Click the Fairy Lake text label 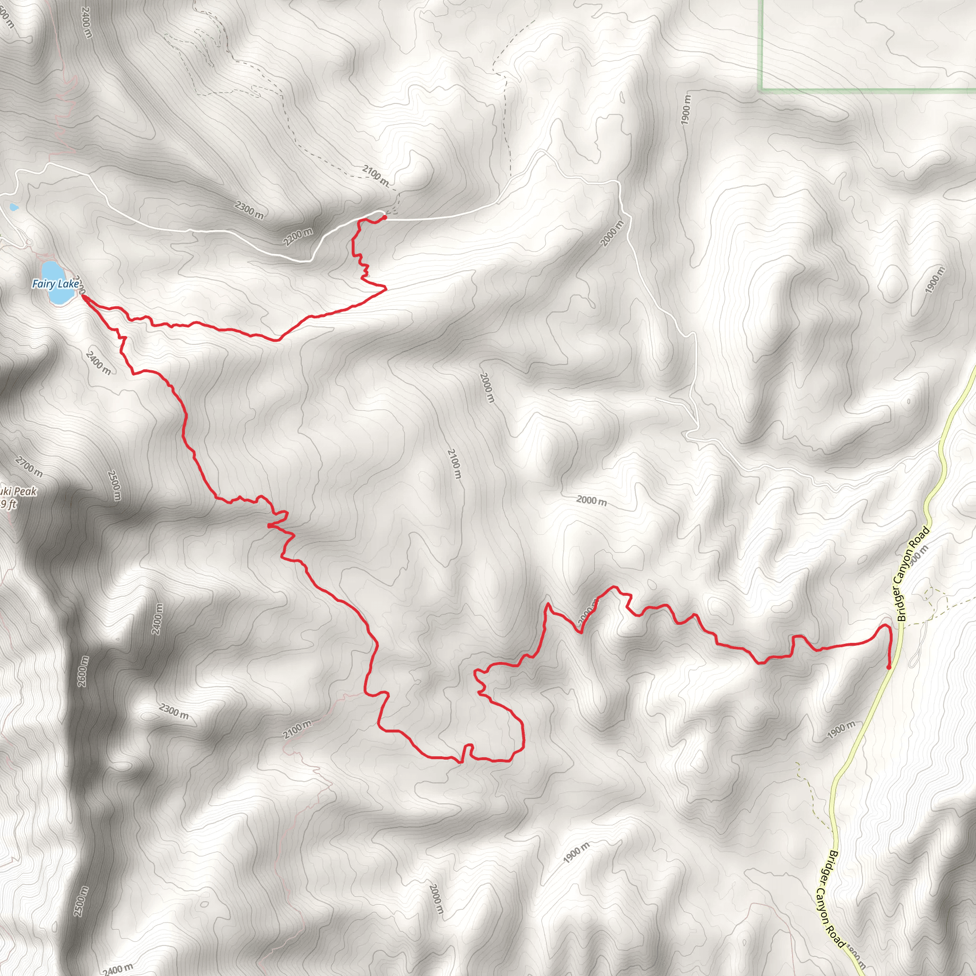click(x=56, y=284)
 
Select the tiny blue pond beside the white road click(x=14, y=207)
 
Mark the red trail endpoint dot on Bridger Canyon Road click(x=888, y=667)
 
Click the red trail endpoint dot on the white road click(x=385, y=217)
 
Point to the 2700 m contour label click(x=29, y=466)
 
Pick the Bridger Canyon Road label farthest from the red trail click(x=830, y=899)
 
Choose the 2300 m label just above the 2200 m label click(x=249, y=210)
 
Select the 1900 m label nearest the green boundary click(x=685, y=110)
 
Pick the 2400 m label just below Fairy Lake click(x=98, y=363)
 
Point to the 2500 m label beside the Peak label click(x=114, y=486)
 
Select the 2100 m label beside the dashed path click(x=376, y=175)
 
